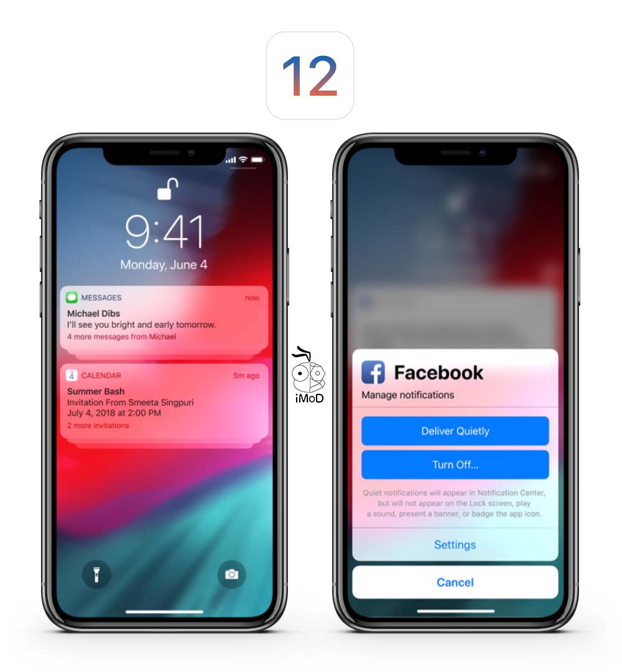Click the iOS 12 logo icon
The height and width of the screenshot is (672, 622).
[310, 75]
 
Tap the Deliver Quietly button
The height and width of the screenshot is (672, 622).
[455, 431]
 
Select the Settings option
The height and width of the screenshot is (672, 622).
[455, 545]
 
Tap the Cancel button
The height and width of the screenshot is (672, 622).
[455, 582]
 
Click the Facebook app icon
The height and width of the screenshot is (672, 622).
[373, 373]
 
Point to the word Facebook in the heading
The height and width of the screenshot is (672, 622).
[439, 373]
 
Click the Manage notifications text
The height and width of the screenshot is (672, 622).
[408, 395]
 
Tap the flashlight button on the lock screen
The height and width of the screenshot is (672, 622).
[96, 574]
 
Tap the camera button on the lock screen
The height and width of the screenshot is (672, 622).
[231, 574]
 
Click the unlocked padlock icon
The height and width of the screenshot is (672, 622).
[167, 189]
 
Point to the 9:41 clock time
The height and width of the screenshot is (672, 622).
[164, 232]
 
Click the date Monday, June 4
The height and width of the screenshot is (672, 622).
[164, 265]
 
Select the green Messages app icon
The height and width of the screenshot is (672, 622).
[72, 297]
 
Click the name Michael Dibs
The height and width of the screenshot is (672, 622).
[93, 314]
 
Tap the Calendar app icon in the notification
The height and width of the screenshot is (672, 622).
[72, 375]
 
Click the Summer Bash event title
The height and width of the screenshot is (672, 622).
[96, 391]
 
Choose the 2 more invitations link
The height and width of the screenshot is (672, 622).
[98, 426]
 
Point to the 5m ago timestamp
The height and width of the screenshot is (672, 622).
[246, 376]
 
